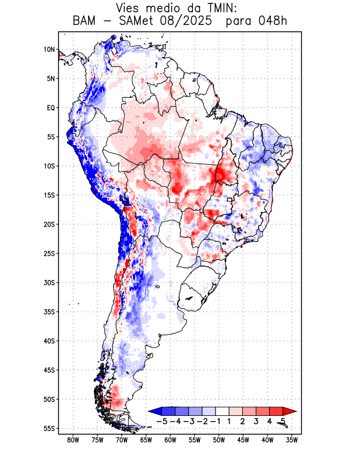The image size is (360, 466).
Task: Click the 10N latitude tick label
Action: click(x=50, y=50)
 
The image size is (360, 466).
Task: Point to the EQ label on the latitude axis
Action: click(x=51, y=108)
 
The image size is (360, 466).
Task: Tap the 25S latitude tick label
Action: click(x=49, y=253)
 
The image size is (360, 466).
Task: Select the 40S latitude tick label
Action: click(x=49, y=341)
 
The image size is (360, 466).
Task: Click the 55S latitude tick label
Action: click(x=49, y=429)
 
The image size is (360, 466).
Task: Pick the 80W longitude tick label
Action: click(x=73, y=440)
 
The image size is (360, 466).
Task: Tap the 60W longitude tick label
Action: click(x=170, y=440)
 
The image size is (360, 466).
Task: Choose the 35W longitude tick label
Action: click(x=292, y=440)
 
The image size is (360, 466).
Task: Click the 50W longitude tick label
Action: click(x=219, y=440)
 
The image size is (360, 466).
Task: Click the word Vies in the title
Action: click(x=130, y=8)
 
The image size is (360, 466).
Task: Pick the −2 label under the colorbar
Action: click(x=202, y=421)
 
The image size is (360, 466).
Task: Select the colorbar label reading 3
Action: click(x=256, y=421)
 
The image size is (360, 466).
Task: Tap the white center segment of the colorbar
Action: click(x=222, y=411)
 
